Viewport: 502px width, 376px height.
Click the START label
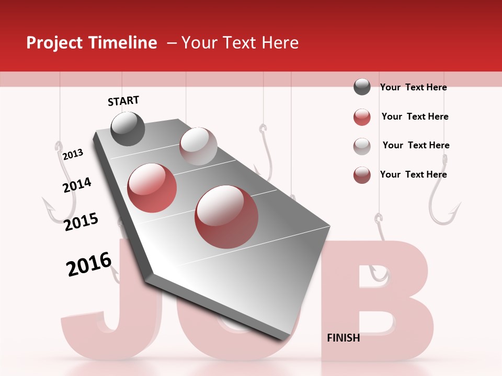(x=123, y=101)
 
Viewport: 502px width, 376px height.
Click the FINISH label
(x=343, y=338)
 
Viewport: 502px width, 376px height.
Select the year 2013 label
(x=73, y=155)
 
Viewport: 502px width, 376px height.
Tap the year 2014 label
(x=77, y=185)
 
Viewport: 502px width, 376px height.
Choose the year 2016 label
(x=89, y=264)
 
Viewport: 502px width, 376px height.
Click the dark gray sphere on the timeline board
(x=128, y=128)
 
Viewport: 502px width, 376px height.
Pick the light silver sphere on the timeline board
(x=198, y=146)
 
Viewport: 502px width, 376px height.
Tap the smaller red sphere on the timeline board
(x=152, y=188)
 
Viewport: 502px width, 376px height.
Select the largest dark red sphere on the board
(x=226, y=217)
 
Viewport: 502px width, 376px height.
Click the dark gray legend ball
(x=362, y=87)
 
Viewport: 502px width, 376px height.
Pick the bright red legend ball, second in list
(x=362, y=117)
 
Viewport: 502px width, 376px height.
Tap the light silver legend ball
(x=362, y=146)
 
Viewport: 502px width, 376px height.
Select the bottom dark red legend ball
(x=362, y=175)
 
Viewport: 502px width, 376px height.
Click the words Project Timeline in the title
(x=92, y=43)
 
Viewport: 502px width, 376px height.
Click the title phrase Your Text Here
(x=240, y=43)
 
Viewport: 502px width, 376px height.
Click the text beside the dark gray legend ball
(x=413, y=87)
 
